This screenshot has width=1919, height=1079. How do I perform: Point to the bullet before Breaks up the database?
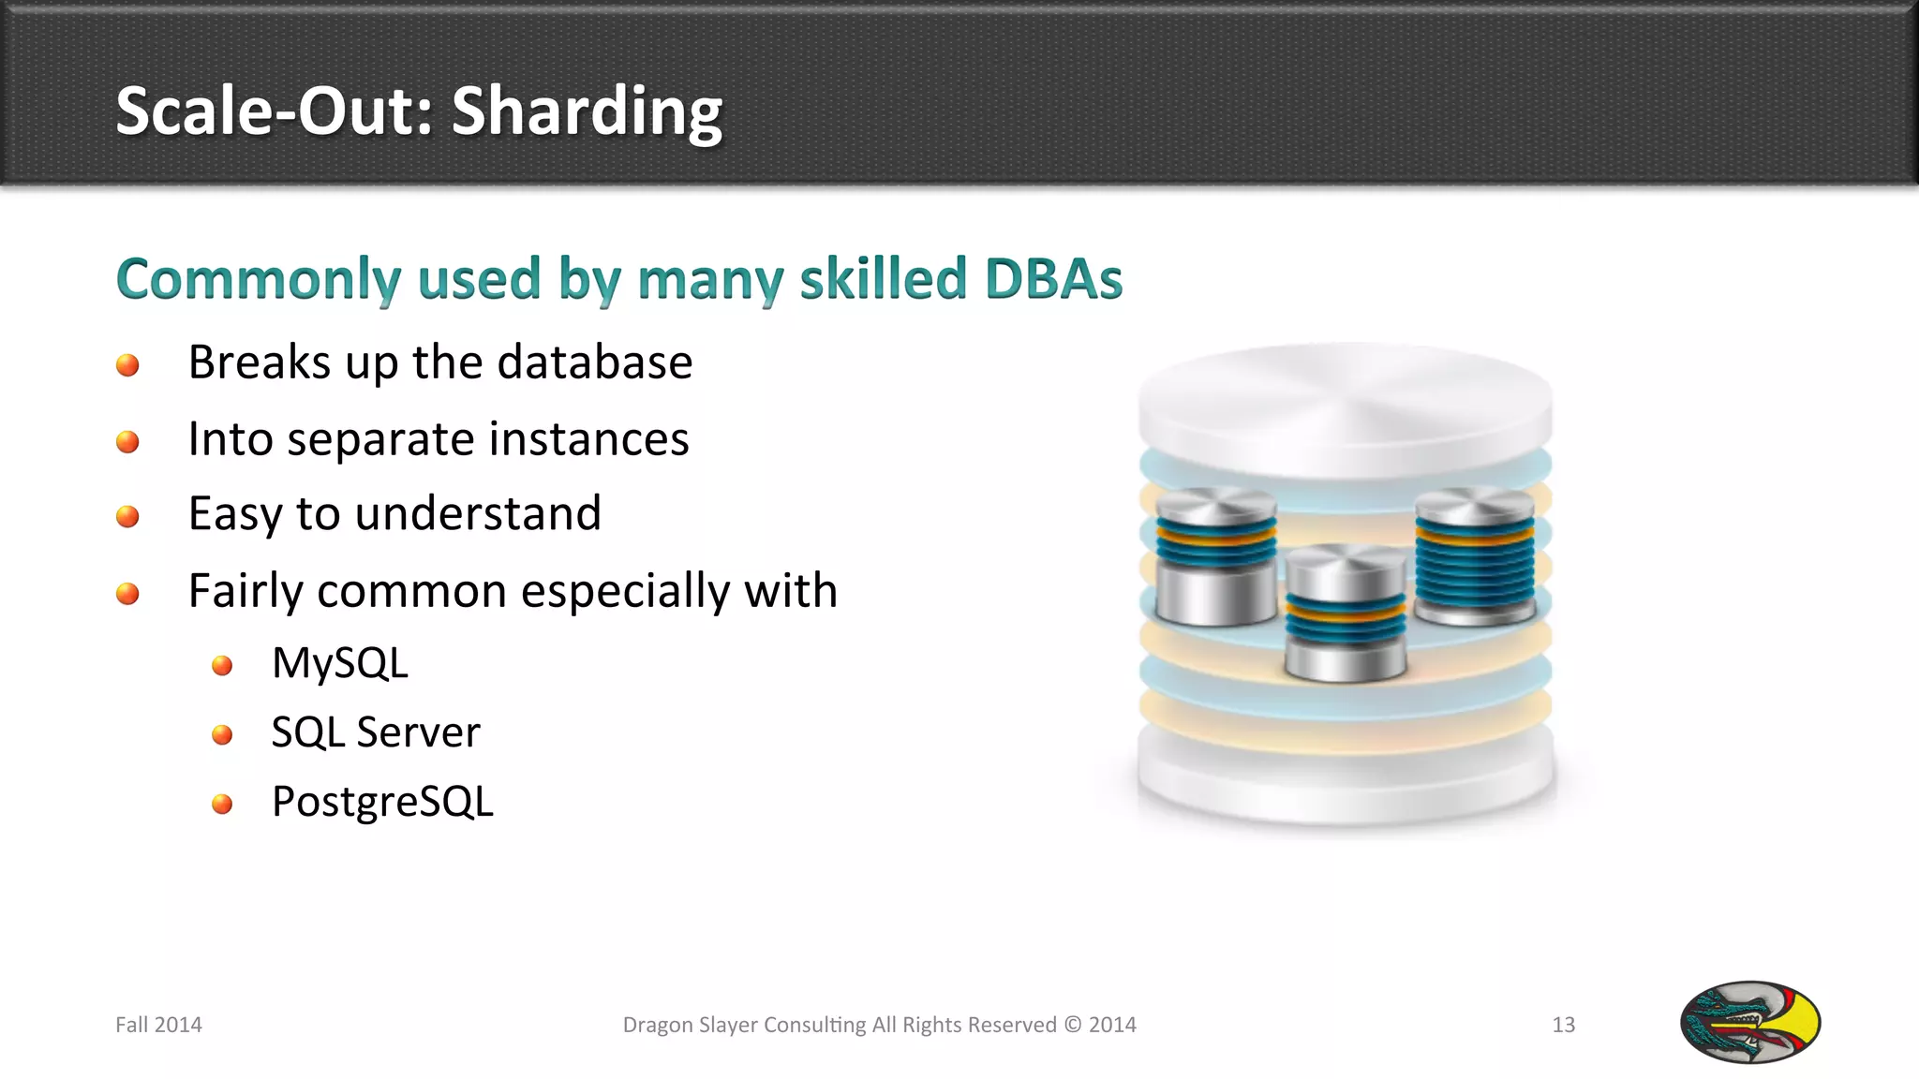point(127,365)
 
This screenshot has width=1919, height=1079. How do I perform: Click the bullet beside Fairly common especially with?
point(127,594)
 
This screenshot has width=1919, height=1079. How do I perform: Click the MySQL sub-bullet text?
point(339,664)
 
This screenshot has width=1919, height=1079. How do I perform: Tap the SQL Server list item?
point(375,732)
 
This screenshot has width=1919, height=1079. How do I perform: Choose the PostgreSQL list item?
point(382,803)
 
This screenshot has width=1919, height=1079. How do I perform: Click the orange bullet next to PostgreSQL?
point(222,805)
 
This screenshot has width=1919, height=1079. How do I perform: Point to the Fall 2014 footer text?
point(158,1025)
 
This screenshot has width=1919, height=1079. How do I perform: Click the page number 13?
point(1563,1025)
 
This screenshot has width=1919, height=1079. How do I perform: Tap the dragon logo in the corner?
point(1749,1022)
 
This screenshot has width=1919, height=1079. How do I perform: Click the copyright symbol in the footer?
point(1072,1025)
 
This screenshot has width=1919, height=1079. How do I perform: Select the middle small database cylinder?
point(1346,613)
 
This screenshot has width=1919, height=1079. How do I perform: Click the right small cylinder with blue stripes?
point(1474,557)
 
